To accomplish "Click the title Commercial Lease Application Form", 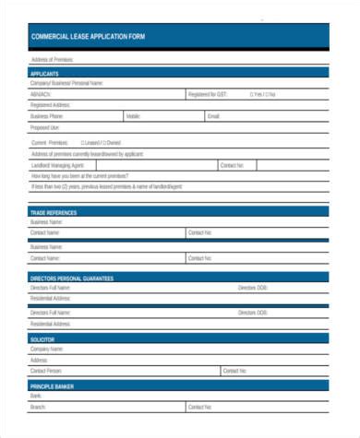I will tap(88, 37).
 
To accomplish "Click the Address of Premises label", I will tap(52, 60).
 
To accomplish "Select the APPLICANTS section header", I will tap(44, 73).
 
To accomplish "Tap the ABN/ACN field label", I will tap(41, 94).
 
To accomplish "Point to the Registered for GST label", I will tap(207, 94).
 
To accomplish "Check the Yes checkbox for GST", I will tap(251, 94).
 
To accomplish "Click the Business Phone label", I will tap(47, 117).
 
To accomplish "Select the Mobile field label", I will tap(134, 117).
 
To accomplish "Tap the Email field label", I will tap(214, 117).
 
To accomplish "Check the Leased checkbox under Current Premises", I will tap(82, 143).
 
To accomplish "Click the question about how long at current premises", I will tap(76, 175).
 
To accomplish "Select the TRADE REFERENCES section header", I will tap(54, 213).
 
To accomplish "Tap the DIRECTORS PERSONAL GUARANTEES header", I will tap(71, 278).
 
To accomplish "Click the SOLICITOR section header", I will tap(43, 339).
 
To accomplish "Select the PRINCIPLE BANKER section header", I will tap(52, 386).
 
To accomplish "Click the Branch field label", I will tap(38, 407).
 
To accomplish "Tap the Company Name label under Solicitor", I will tap(47, 349).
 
